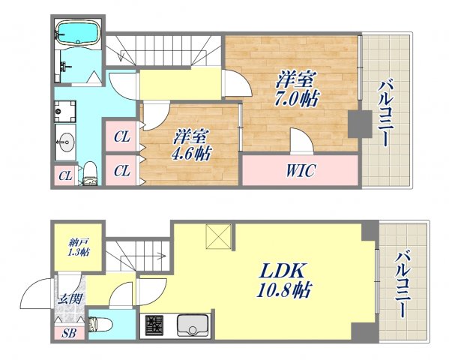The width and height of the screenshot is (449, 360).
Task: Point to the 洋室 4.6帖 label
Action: pos(191,145)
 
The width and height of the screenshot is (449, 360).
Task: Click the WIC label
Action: pos(301,170)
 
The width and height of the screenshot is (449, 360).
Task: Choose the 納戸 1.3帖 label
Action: pos(78,247)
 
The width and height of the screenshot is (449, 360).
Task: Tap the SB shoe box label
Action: pos(69,333)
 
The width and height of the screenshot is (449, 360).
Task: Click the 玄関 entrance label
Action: pos(70,299)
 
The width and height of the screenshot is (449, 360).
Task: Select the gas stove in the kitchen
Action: pos(154,325)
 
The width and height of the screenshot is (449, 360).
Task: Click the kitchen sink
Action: pos(193,325)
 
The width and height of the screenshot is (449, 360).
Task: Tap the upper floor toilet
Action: pos(90,174)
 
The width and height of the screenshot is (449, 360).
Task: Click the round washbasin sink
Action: pos(65,142)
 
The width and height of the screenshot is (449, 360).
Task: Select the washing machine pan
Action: pos(65,111)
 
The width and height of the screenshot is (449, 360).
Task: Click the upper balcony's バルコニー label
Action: pos(384,114)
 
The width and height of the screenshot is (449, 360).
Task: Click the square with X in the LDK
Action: pos(218,236)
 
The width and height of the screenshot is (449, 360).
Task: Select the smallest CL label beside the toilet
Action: pos(65,176)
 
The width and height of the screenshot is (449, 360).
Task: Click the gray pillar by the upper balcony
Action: pos(360,124)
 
